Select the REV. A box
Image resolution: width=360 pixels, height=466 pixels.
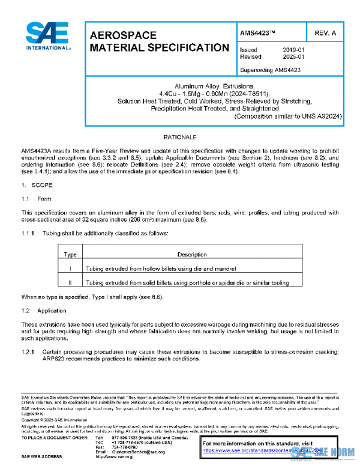[325, 32]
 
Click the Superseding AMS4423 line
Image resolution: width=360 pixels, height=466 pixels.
[269, 70]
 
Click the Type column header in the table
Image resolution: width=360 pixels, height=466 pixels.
[70, 255]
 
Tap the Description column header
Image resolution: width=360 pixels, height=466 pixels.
[192, 255]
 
